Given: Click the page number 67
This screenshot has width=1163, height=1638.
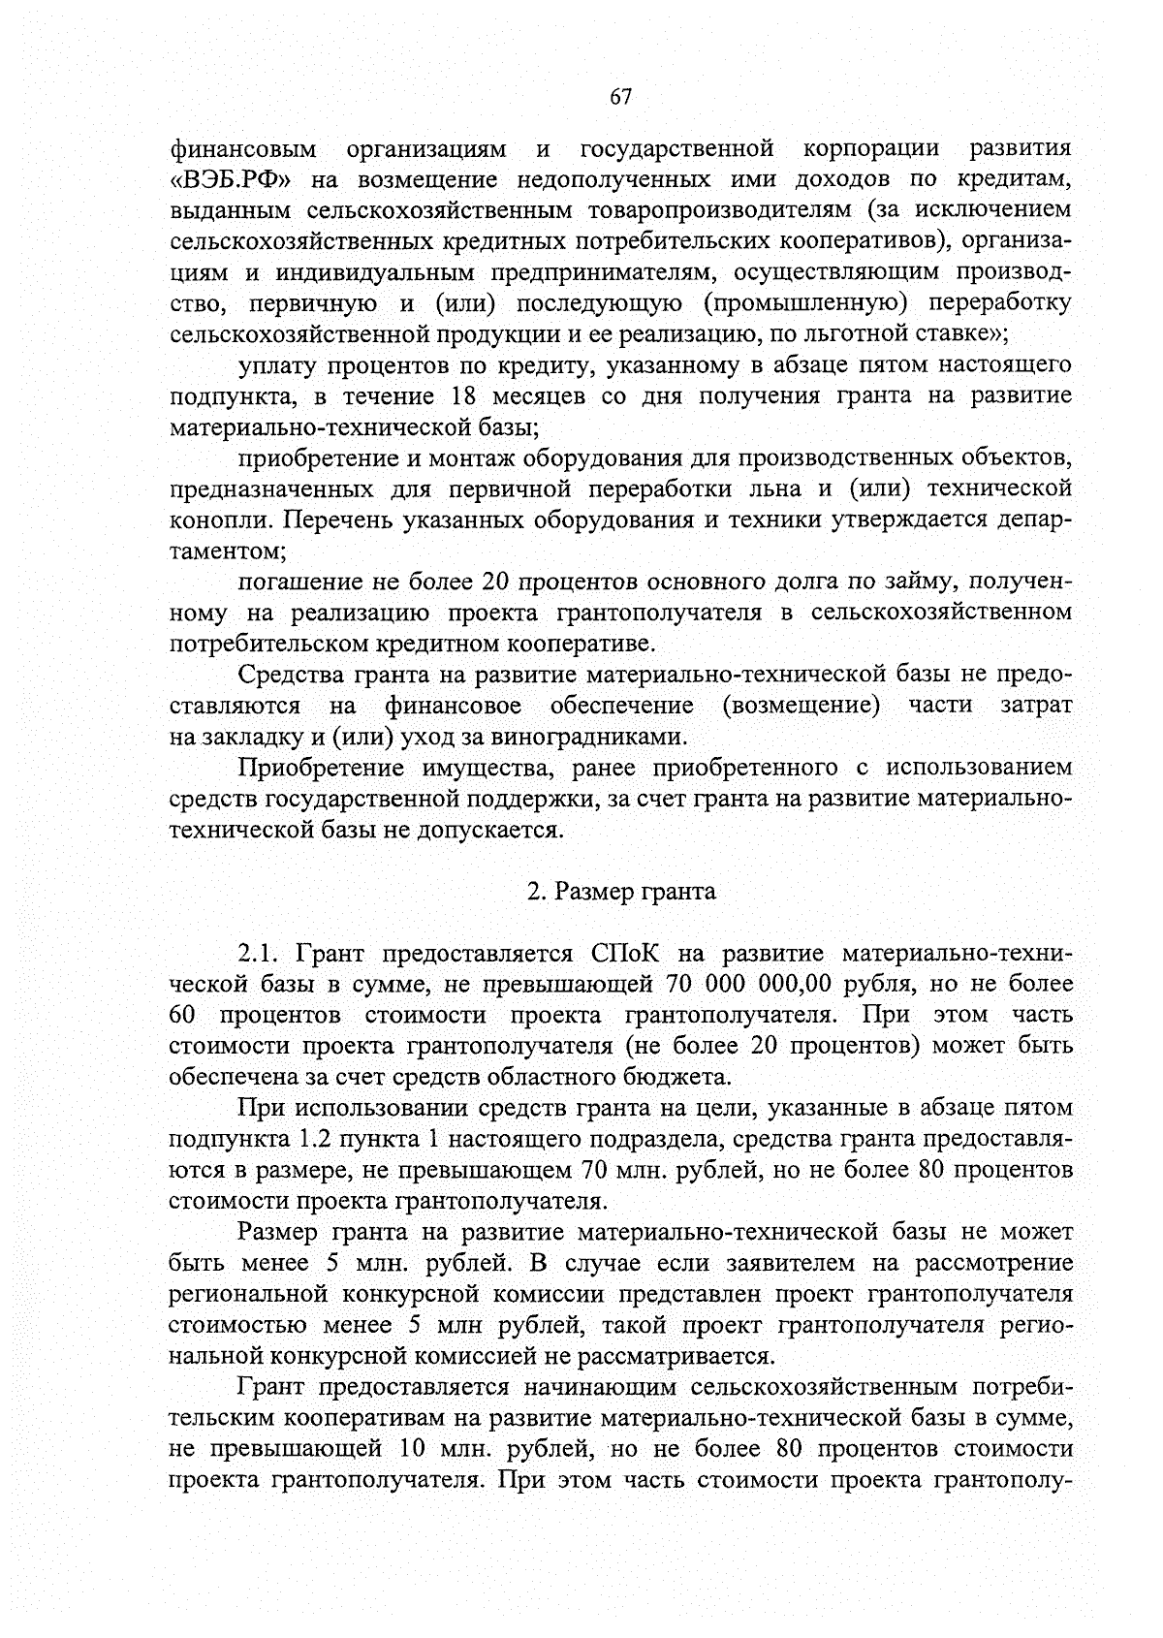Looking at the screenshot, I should click(620, 96).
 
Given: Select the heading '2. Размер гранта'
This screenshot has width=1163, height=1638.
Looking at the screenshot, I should click(621, 892).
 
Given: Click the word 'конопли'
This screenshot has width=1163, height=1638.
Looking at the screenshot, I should click(219, 520).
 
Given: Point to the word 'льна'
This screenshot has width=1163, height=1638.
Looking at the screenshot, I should click(781, 488).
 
